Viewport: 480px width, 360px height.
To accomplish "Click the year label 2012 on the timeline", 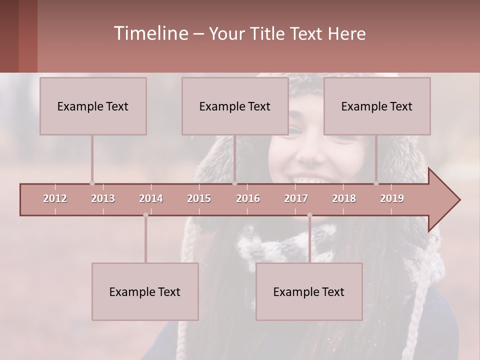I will coord(55,198).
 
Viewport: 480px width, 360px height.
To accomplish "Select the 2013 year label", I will coord(103,198).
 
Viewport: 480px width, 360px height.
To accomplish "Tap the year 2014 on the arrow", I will coord(151,198).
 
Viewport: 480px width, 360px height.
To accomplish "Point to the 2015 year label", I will coord(199,198).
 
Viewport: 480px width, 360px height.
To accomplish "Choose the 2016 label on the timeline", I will coord(248,198).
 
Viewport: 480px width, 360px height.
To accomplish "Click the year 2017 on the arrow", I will coord(296,198).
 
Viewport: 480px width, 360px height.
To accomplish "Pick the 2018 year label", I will coord(344,198).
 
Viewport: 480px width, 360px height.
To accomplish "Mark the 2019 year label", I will coord(392,198).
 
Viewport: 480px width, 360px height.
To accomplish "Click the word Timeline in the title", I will coord(150,33).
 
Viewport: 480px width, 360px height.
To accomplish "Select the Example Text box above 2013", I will coord(93,106).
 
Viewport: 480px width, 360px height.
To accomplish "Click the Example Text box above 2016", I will coord(235,106).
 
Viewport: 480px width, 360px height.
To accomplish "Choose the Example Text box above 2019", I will coord(377,106).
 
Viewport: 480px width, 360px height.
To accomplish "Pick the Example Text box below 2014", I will coord(145,291).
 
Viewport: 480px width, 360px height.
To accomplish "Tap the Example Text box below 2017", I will coord(309,291).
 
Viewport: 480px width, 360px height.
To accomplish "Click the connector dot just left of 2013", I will coord(92,183).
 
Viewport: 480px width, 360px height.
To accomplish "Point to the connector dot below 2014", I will coord(145,215).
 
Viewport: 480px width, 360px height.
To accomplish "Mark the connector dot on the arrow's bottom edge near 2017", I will coord(309,215).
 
